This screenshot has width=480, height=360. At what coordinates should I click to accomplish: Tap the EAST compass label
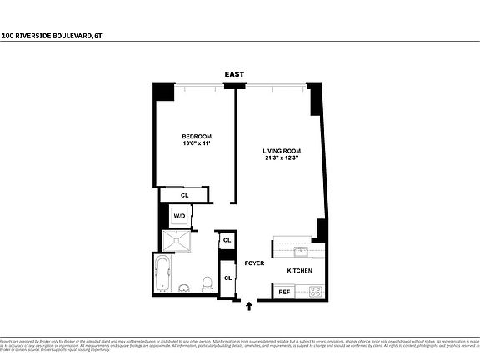234,75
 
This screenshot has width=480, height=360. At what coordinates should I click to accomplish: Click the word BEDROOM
197,136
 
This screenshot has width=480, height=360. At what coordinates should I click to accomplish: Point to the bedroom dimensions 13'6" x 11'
197,143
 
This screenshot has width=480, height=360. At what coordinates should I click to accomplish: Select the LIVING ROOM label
282,151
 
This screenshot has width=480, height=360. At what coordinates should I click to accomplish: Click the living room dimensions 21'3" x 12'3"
282,158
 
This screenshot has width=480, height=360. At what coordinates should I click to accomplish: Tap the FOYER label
254,263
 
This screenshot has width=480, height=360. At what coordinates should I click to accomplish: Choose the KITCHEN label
299,272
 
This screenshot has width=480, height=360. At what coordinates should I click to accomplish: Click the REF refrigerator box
284,292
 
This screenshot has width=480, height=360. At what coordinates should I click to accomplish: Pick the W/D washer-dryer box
179,216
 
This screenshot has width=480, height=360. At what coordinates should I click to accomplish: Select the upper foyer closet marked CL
227,241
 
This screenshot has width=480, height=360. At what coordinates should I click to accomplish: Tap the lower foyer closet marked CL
227,277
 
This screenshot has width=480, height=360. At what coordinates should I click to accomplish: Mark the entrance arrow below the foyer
249,307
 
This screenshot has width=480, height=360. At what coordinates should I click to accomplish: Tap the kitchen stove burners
315,292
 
